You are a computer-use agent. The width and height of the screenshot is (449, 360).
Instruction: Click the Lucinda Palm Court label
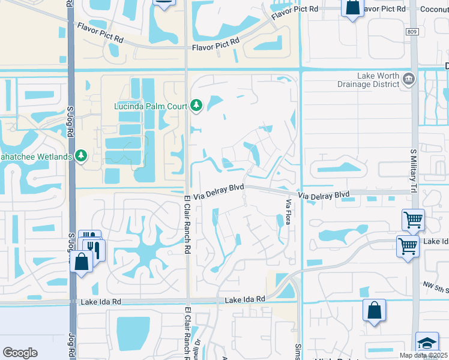click(151, 107)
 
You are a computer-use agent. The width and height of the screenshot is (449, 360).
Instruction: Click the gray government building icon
click(408, 79)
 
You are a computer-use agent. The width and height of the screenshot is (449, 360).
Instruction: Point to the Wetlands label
click(36, 157)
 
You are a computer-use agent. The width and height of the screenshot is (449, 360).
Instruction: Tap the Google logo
click(20, 352)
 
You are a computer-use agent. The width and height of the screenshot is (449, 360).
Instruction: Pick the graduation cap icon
click(427, 343)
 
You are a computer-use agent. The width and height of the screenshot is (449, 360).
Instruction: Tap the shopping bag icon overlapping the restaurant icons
click(81, 262)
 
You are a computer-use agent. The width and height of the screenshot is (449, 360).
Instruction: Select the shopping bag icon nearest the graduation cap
click(374, 310)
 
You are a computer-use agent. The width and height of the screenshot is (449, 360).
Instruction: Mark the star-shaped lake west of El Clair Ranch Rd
click(145, 249)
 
